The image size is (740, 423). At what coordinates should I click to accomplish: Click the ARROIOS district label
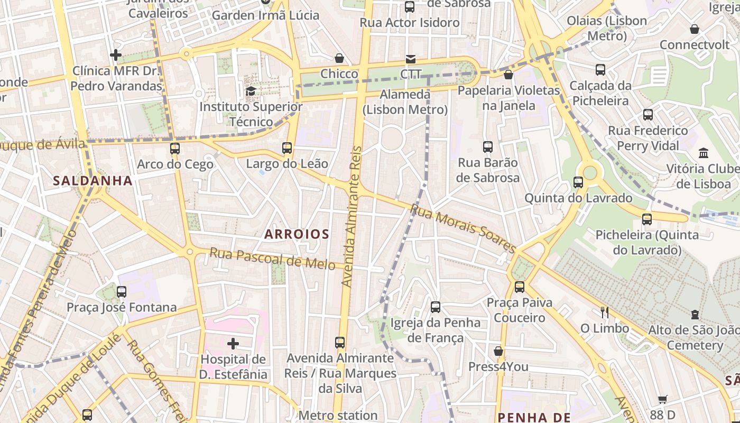297,234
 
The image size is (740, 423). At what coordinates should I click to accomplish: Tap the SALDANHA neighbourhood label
92,181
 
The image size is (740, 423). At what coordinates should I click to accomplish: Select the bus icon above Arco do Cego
175,149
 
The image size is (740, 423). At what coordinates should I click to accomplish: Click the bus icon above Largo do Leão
287,148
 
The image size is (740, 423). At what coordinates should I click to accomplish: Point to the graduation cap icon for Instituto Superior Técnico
251,91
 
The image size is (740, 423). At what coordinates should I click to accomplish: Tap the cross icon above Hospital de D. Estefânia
233,344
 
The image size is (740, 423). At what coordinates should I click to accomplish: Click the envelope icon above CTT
411,59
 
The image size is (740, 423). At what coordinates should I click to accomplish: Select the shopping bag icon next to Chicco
339,58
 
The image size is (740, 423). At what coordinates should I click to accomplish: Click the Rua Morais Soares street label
462,229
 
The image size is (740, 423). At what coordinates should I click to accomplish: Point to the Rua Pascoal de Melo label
272,258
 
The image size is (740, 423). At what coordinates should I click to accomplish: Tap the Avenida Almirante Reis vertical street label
352,217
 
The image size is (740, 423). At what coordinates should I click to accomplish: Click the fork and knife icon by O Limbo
605,312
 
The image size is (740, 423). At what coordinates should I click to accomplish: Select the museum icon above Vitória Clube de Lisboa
704,153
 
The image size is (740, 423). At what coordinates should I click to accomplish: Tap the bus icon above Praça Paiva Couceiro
520,287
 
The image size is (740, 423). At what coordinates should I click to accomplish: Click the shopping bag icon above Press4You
498,351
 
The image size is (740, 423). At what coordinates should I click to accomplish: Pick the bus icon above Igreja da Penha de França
436,307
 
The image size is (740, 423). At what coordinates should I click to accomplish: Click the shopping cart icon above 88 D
663,399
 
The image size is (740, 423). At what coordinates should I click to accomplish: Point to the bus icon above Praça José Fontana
122,292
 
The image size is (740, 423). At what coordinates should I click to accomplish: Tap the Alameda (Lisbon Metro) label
405,102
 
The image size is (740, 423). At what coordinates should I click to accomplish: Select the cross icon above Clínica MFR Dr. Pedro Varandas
116,55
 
